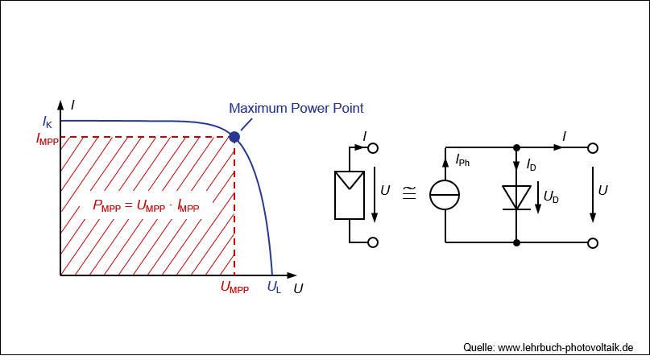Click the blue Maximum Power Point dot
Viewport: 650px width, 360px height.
[234, 137]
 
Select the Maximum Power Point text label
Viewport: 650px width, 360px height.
[296, 108]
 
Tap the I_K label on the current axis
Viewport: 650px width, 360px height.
[48, 122]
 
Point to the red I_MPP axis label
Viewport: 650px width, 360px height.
[47, 139]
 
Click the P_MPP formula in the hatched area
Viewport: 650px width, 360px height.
[146, 206]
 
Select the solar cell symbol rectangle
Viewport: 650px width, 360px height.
[349, 194]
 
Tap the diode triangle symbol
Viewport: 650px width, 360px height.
[515, 197]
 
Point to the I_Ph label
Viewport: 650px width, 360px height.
[462, 161]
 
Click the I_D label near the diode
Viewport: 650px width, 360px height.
[531, 165]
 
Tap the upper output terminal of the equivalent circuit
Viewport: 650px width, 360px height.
[592, 148]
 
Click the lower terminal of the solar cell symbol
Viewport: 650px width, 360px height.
[373, 242]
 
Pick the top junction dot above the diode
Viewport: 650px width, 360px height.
[515, 148]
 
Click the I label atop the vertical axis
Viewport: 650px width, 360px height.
[72, 105]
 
